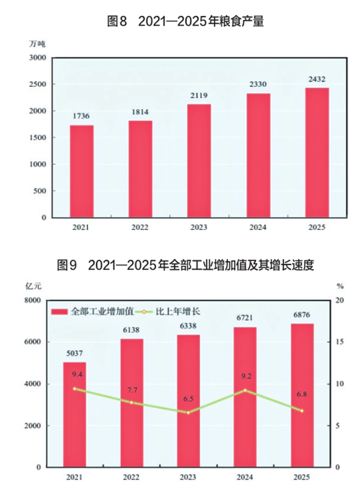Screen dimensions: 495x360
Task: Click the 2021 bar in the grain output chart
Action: [x=81, y=171]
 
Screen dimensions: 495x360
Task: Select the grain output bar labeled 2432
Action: [x=317, y=152]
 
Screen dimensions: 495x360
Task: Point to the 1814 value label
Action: [x=140, y=112]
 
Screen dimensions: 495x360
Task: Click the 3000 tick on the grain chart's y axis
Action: [x=38, y=58]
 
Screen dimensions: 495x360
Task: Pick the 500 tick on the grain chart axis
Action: [x=40, y=191]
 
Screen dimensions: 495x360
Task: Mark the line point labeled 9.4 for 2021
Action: [x=75, y=388]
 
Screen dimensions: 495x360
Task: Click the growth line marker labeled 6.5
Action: [x=188, y=412]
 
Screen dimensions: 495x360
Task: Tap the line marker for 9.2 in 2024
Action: [x=245, y=390]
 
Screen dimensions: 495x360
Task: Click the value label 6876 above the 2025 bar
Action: [x=302, y=315]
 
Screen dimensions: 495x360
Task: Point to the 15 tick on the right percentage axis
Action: [x=340, y=342]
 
